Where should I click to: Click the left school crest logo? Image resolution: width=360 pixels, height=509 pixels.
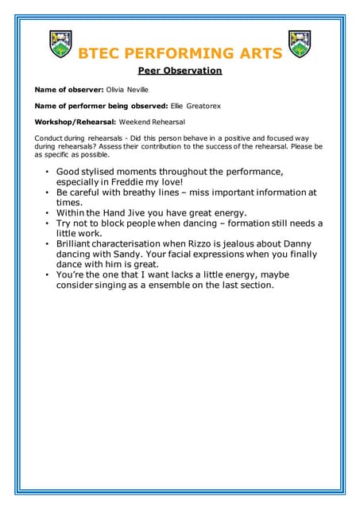(61, 44)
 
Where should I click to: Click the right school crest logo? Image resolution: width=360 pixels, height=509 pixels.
(300, 44)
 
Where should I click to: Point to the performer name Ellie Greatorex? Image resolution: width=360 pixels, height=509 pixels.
(198, 106)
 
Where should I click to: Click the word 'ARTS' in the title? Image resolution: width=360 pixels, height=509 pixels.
(254, 54)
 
